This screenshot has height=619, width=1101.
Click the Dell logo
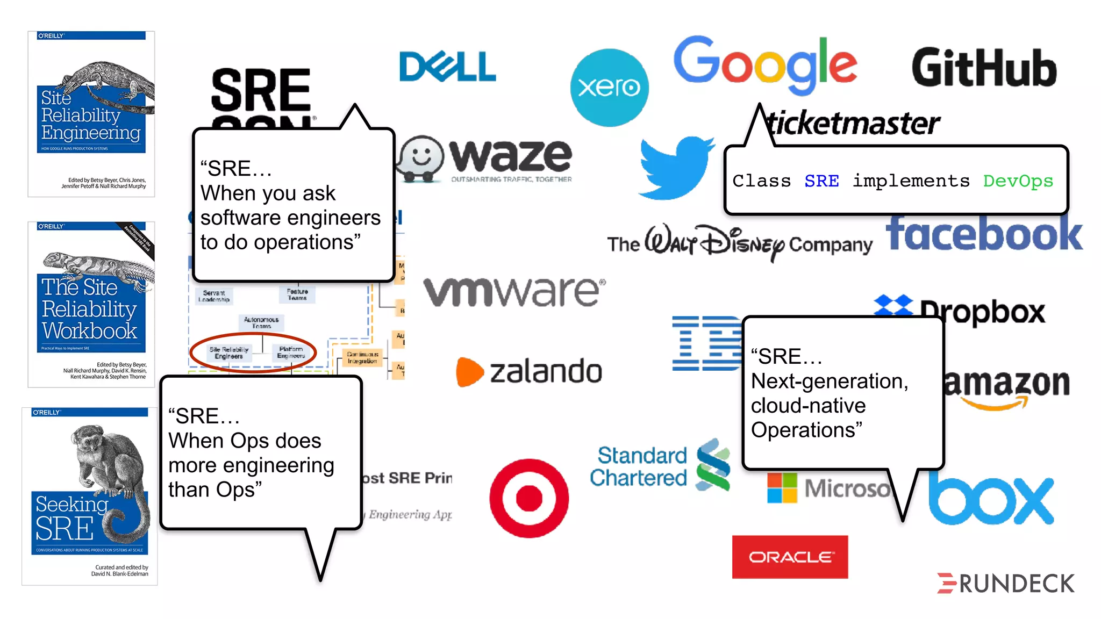(447, 67)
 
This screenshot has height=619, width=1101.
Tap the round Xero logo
(609, 88)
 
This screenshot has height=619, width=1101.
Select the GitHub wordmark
(984, 68)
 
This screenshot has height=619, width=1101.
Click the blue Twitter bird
(676, 167)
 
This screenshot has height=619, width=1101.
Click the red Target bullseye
(529, 498)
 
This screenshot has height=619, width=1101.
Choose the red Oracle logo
(790, 557)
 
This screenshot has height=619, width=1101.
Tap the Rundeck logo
(1005, 584)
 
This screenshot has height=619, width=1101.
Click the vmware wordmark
(513, 292)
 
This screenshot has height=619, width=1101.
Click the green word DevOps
(1018, 181)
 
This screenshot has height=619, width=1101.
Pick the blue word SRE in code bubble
(821, 181)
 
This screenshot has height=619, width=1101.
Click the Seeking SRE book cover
(90, 496)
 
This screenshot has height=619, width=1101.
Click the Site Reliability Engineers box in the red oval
(229, 352)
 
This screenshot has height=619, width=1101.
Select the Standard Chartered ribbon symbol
(713, 465)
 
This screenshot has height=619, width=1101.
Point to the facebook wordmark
(984, 234)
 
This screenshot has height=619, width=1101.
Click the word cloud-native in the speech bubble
(808, 406)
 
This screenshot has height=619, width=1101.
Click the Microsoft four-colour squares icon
(782, 488)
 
